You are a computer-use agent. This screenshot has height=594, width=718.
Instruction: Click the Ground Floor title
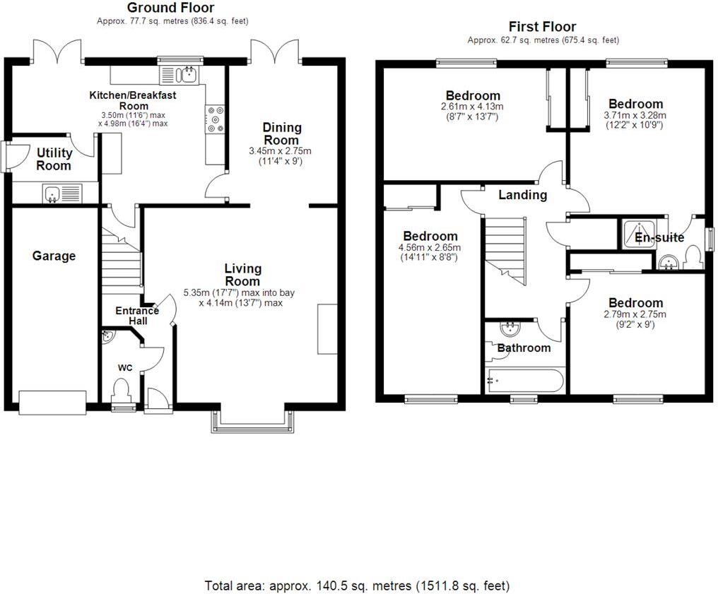tap(170, 8)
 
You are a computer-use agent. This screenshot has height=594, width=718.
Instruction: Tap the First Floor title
tap(543, 27)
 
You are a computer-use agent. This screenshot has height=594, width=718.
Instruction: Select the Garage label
tap(54, 256)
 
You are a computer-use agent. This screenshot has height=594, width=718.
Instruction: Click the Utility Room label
tap(54, 159)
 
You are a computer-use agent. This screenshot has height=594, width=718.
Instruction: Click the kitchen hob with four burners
tap(215, 119)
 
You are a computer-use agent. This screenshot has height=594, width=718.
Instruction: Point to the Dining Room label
tap(282, 133)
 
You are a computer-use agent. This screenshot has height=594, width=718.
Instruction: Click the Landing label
tap(522, 195)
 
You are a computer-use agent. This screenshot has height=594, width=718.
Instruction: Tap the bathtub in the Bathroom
tap(524, 381)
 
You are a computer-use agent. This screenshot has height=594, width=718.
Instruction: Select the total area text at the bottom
tap(357, 586)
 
